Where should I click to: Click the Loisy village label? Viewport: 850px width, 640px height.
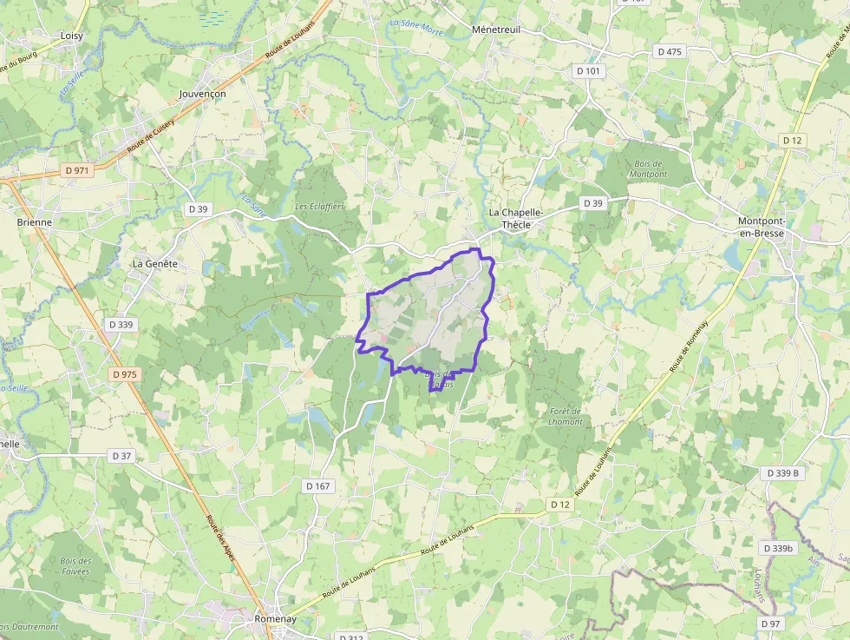point(72,36)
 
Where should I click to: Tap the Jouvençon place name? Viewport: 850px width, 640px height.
point(202,93)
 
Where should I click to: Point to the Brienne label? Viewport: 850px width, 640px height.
point(35,221)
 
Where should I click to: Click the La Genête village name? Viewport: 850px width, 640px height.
point(154,262)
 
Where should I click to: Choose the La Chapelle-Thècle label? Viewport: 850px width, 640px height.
point(516,218)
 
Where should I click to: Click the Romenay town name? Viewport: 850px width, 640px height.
point(276,618)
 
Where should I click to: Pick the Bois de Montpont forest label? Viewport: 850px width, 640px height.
point(648,168)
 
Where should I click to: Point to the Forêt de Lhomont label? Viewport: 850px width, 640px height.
point(566,416)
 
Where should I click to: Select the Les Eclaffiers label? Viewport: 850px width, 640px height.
point(320,207)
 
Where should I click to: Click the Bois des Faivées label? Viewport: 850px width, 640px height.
point(75,566)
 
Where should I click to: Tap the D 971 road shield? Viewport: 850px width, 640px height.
point(76,170)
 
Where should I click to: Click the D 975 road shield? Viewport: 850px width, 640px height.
point(124,373)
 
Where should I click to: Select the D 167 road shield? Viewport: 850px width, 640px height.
point(318,485)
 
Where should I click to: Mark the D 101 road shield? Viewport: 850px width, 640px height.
point(587,70)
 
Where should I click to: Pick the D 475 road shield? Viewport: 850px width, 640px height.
point(670,51)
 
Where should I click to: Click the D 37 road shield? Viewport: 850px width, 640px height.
point(121,455)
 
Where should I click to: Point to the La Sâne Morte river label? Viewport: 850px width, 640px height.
point(416,25)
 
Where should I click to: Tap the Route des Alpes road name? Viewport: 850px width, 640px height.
point(220,538)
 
